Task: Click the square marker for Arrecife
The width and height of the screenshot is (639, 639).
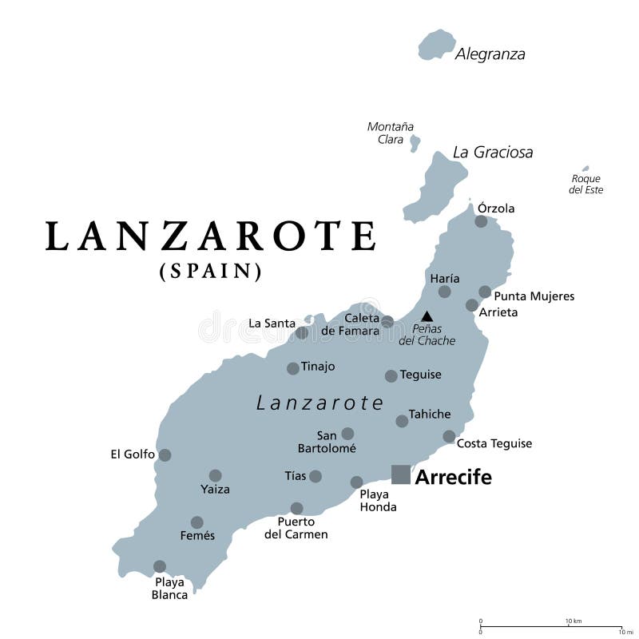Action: click(401, 474)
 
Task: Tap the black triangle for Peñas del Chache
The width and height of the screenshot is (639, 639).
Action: click(427, 316)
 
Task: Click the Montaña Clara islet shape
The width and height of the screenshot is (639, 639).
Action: click(415, 143)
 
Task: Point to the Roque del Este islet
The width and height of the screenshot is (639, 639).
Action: click(585, 169)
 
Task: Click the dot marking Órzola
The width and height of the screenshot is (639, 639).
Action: click(481, 221)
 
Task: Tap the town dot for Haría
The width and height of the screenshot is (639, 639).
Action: click(445, 292)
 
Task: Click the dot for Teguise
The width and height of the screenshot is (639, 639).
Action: click(391, 375)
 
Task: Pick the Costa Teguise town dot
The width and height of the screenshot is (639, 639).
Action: click(449, 437)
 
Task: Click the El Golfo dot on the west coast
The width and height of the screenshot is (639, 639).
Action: click(165, 454)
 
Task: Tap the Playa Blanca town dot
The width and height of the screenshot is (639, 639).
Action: click(160, 566)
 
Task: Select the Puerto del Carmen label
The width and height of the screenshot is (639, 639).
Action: click(296, 528)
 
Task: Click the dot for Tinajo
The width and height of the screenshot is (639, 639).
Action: click(293, 368)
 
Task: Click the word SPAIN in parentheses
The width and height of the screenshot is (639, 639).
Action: click(211, 272)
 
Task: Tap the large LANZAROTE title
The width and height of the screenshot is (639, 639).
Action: click(211, 236)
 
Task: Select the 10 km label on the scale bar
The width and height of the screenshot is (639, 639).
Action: click(572, 621)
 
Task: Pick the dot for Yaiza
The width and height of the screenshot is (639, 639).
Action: click(215, 475)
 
